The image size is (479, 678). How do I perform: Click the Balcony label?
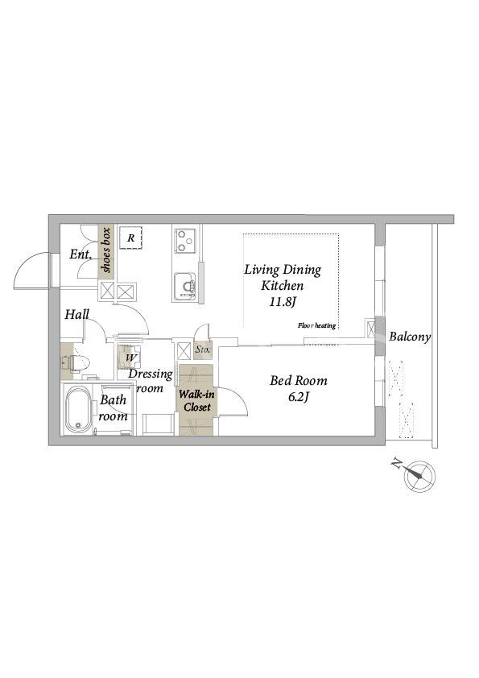[x=410, y=337]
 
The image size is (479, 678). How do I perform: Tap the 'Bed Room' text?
[x=299, y=381]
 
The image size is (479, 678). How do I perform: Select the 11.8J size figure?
[x=283, y=302]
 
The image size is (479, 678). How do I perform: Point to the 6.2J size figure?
[x=298, y=397]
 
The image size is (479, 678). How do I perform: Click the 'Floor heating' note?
[x=316, y=325]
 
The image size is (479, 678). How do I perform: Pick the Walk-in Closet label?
[x=197, y=401]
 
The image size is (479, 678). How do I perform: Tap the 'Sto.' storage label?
[x=203, y=349]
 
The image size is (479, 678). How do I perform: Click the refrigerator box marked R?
[x=130, y=238]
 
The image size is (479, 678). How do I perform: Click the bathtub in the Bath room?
[x=78, y=409]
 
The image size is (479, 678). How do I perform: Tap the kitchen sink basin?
[x=185, y=286]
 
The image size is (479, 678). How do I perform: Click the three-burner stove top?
[x=185, y=242]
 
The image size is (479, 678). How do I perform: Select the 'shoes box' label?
[x=106, y=250]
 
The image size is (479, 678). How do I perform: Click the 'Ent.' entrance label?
[x=81, y=254]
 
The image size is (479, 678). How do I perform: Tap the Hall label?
[x=77, y=314]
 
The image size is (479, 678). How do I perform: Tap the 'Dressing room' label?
[x=150, y=381]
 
